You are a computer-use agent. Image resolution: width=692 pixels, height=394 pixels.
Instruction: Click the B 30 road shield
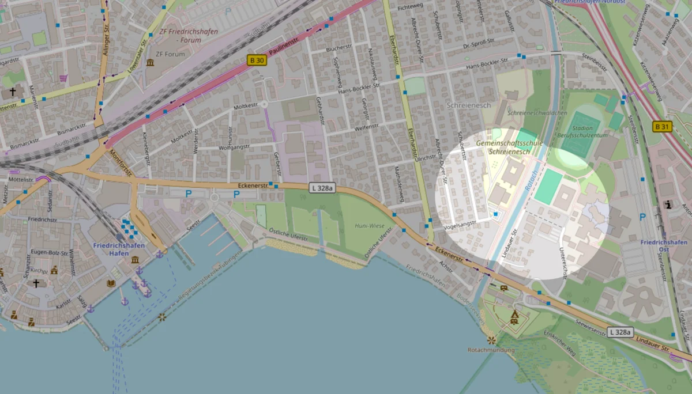[257, 60]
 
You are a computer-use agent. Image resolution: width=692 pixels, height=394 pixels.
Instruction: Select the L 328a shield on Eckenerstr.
[322, 187]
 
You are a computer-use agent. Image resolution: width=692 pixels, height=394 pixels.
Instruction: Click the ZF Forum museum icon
[150, 62]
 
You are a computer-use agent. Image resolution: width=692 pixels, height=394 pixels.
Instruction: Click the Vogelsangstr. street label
[461, 223]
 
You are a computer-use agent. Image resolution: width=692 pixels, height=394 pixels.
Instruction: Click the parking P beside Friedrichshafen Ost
[643, 217]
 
